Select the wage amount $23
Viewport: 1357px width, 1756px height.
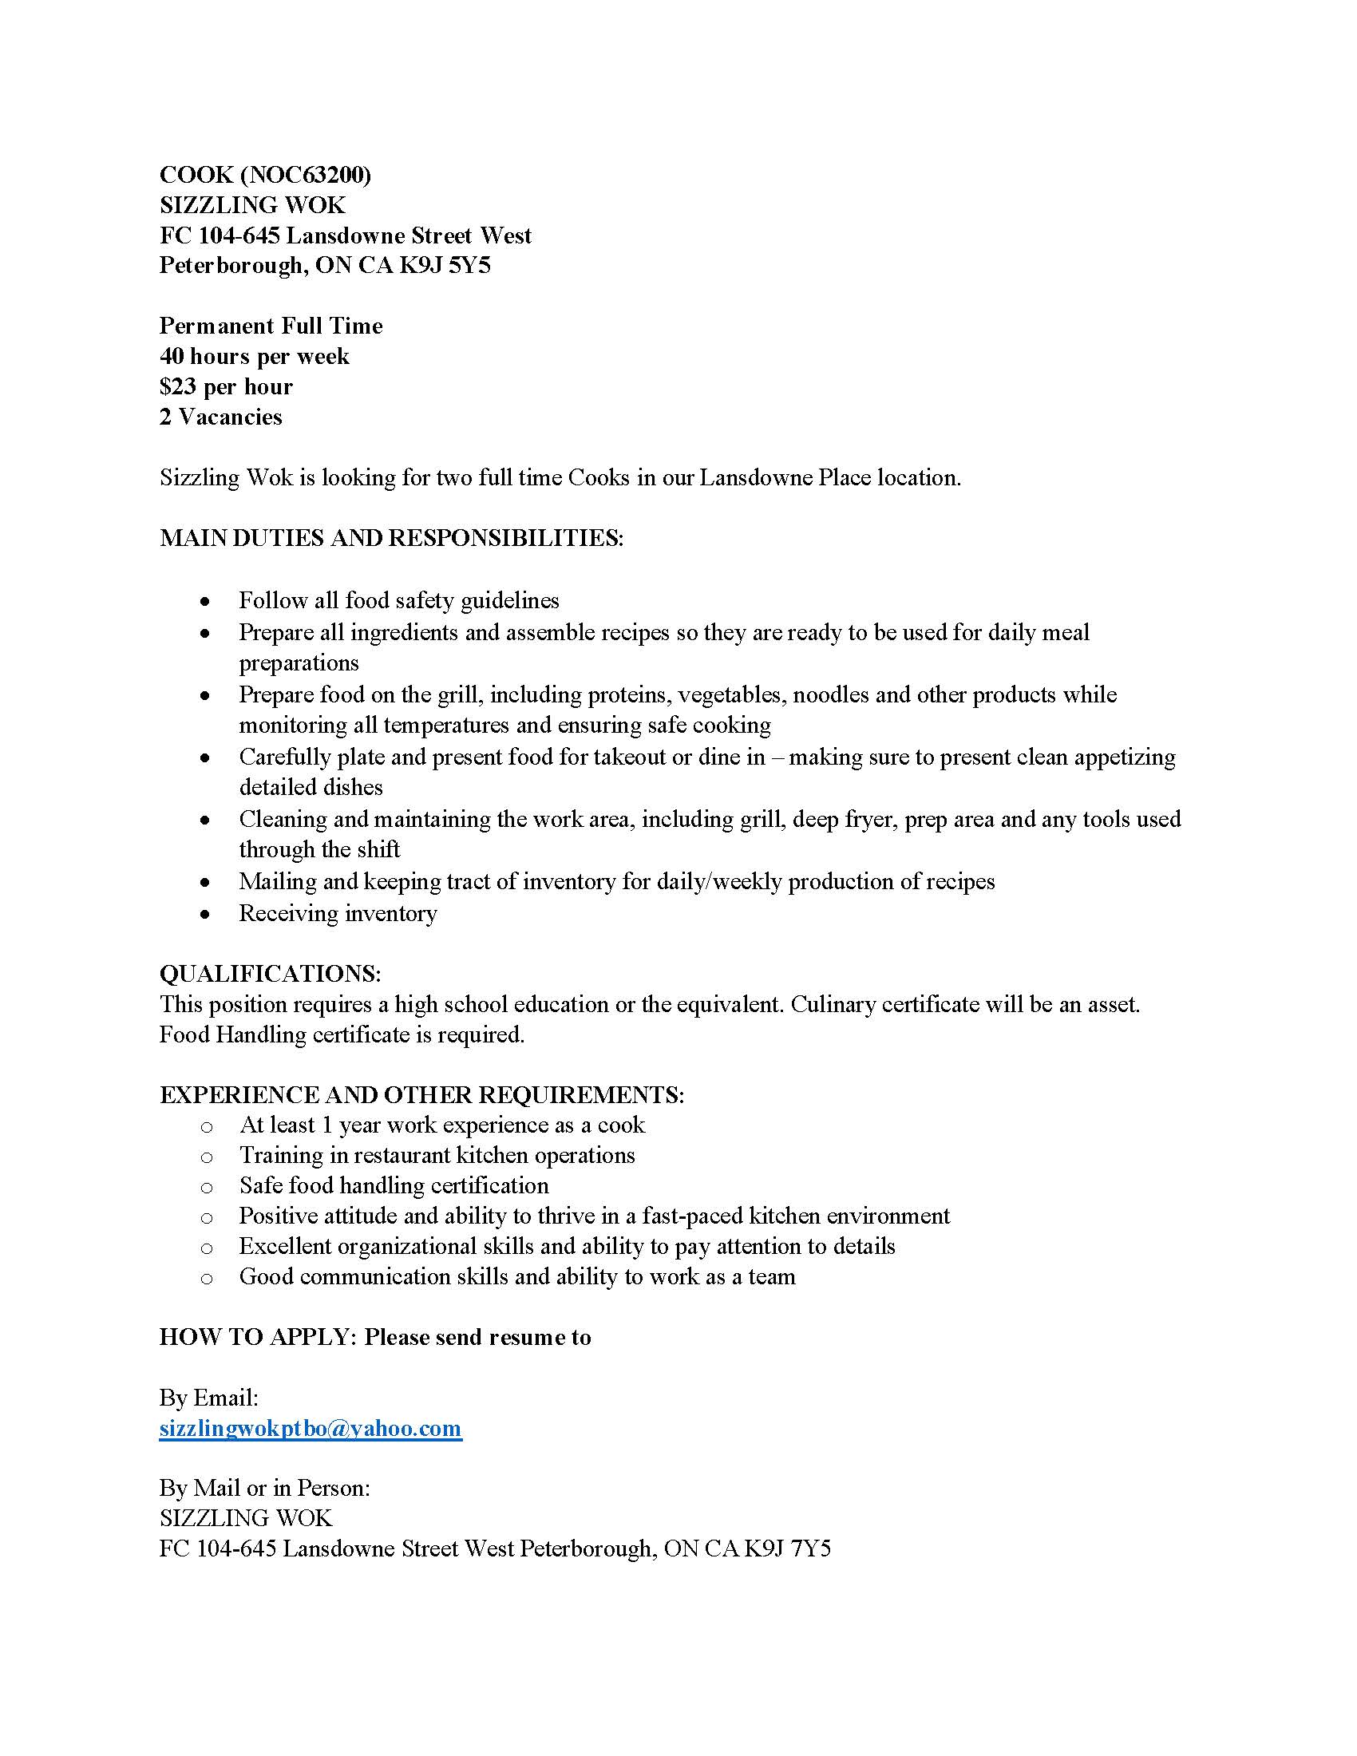(178, 387)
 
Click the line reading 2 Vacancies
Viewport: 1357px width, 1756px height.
(221, 417)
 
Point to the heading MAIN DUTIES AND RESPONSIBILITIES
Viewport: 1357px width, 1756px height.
(391, 538)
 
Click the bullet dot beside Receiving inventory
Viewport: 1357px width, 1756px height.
(206, 914)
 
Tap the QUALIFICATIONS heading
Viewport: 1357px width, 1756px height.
(270, 974)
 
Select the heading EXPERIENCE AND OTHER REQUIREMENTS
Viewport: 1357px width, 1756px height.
(422, 1095)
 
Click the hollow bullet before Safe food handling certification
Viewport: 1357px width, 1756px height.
(207, 1188)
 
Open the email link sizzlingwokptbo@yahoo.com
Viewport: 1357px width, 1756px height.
(311, 1429)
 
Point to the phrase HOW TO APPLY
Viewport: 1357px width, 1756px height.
(257, 1337)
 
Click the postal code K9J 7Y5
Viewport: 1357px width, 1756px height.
(787, 1549)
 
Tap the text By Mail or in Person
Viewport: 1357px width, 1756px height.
(264, 1489)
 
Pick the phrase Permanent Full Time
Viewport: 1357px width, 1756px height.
(271, 326)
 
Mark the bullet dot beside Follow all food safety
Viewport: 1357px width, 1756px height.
(206, 601)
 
